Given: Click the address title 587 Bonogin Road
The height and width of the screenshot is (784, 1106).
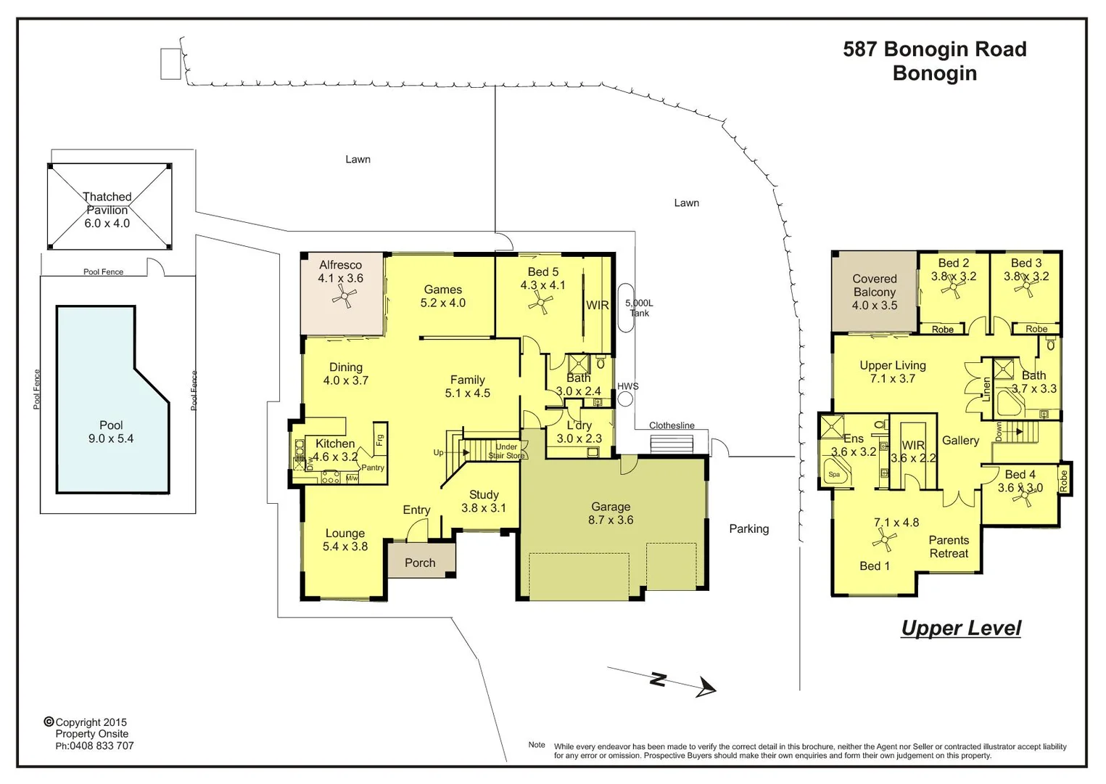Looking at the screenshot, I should [934, 49].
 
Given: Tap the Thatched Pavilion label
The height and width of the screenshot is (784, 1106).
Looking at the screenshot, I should [107, 210].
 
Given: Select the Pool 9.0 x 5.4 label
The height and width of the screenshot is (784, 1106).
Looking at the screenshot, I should [111, 432].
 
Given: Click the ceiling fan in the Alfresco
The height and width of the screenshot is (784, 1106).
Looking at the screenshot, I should [344, 296].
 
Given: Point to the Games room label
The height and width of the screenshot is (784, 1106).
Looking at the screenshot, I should [442, 296].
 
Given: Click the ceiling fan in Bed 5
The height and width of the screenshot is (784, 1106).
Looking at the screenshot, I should [540, 304].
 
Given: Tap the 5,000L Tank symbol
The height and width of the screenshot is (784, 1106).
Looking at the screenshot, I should [625, 308].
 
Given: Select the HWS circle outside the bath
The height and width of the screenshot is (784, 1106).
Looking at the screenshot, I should [625, 399].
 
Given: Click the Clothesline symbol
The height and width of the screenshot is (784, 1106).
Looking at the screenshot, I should [672, 443].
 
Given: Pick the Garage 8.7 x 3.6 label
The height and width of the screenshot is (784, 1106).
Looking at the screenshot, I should [611, 513].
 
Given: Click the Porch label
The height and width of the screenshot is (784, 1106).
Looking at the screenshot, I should [420, 563].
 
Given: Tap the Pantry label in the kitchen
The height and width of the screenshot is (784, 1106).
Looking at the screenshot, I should [373, 467].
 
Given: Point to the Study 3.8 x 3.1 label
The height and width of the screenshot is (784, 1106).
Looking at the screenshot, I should [484, 502].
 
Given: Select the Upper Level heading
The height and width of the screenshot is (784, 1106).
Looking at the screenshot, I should [960, 628].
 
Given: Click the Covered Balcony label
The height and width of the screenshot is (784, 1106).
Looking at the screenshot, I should [874, 292].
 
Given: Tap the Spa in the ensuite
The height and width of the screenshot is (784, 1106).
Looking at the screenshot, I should [835, 474].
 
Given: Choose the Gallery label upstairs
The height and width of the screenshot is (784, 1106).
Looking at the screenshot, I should [960, 441].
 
